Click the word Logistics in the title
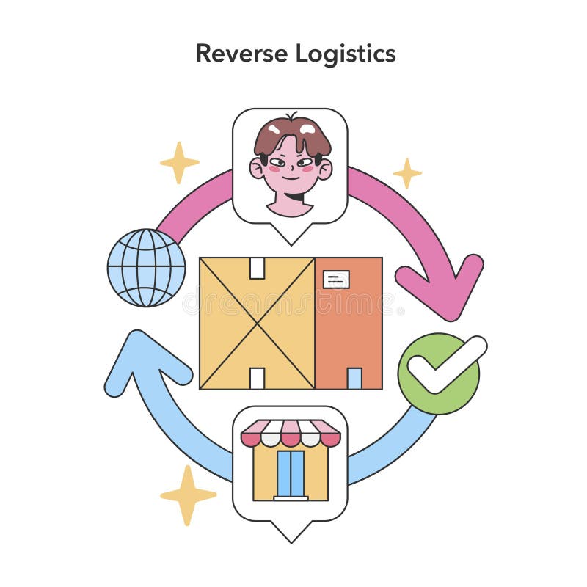pos(346,54)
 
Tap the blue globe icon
pos(146,267)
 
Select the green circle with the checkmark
pos(439,373)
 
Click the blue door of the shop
pos(291,473)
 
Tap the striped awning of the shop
pos(291,433)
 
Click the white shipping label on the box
pos(336,279)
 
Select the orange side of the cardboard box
pos(349,330)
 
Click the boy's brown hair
pos(291,132)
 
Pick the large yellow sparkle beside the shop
pos(188,495)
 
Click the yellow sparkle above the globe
pos(179,162)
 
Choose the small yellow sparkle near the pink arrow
pos(407,173)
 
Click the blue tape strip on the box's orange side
pos(354,379)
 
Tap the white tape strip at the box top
pos(257,268)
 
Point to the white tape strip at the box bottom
pos(257,379)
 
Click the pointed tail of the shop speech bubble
pos(291,534)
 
